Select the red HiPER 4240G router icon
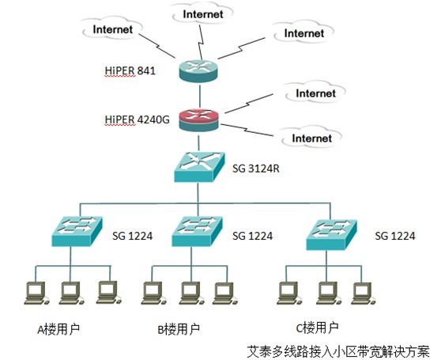point(198,120)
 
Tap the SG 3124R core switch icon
point(199,167)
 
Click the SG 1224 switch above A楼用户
point(77,231)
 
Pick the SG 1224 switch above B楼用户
point(197,231)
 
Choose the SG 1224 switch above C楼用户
point(331,235)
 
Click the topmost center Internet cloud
point(203,13)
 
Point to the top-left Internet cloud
point(112,29)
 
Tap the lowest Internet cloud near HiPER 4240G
point(311,138)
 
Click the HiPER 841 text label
point(130,70)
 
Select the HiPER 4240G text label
point(138,119)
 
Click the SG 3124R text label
point(256,169)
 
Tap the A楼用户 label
point(58,329)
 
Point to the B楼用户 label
point(179,329)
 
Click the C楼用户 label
point(317,328)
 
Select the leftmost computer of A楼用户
point(36,293)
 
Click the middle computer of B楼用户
point(191,293)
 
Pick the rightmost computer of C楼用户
point(364,293)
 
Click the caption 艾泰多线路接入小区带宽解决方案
point(338,351)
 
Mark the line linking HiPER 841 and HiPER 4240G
point(200,96)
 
